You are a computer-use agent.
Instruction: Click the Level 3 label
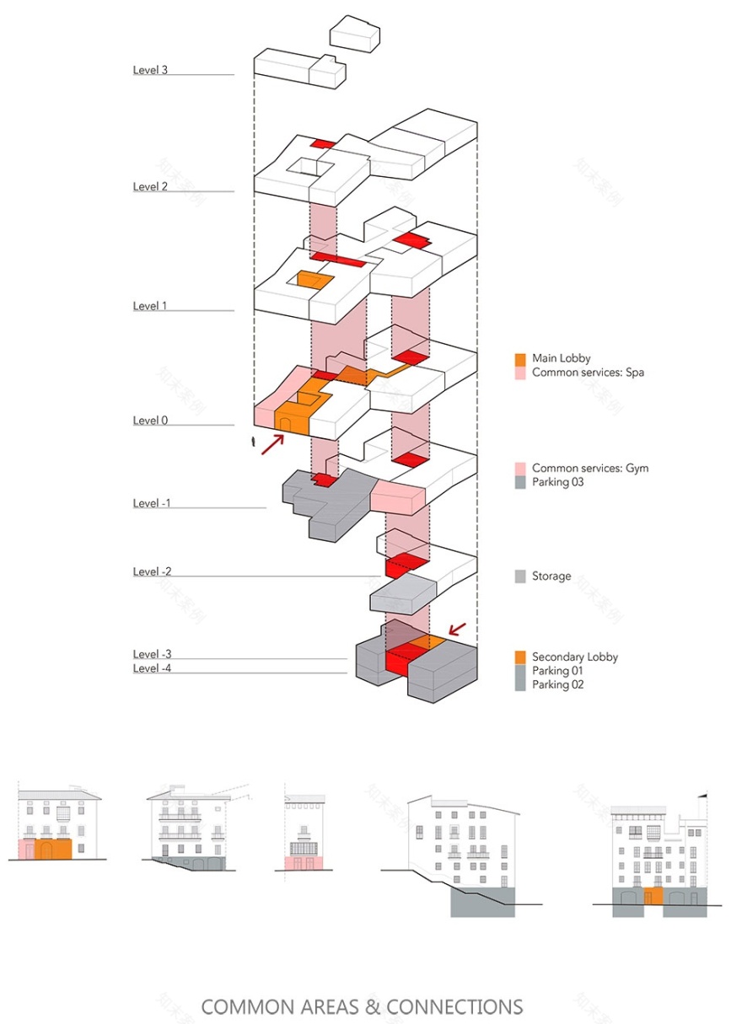[150, 70]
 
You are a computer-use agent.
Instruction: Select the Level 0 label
[150, 421]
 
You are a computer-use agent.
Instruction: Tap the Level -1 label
[153, 503]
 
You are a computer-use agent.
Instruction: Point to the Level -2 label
[153, 572]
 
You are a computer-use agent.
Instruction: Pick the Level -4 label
[153, 668]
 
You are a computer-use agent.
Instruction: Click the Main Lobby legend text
[561, 358]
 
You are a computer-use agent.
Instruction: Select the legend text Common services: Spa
[588, 372]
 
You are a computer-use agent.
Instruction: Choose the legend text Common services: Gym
[590, 468]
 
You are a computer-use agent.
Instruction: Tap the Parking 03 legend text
[557, 482]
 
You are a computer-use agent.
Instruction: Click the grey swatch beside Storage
[520, 576]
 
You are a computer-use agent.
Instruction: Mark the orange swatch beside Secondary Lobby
[520, 657]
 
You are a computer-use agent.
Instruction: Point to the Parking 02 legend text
[557, 684]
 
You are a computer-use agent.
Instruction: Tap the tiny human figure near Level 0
[254, 442]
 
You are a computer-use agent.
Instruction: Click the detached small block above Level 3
[354, 34]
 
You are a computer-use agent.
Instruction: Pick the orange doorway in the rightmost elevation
[648, 896]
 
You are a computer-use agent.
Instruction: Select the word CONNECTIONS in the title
[454, 1006]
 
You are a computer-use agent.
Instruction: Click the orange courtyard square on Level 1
[309, 281]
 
